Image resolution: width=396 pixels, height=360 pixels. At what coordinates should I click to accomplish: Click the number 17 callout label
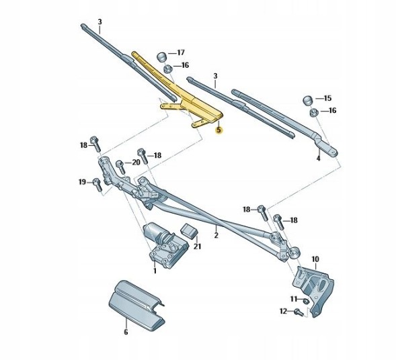click(180, 52)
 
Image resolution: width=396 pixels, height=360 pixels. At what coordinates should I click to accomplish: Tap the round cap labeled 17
click(162, 54)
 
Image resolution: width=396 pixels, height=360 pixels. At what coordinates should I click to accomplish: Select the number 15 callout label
click(327, 98)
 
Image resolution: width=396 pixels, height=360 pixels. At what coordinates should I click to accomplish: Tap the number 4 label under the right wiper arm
click(318, 159)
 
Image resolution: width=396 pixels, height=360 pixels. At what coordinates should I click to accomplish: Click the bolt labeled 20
click(120, 164)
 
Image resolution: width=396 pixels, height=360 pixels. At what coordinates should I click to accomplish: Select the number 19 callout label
click(81, 182)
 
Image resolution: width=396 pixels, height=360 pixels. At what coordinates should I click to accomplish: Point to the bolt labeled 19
click(97, 183)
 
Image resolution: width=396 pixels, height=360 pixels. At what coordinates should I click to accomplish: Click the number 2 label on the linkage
click(216, 235)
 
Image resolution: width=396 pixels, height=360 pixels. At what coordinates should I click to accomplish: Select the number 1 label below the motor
click(154, 270)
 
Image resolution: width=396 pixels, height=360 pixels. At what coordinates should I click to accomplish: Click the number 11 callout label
click(293, 298)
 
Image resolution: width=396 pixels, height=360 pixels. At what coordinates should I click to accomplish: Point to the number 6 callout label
click(125, 332)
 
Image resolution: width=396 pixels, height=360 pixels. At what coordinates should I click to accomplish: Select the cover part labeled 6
click(138, 304)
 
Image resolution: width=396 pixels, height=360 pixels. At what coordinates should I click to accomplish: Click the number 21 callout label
click(198, 246)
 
